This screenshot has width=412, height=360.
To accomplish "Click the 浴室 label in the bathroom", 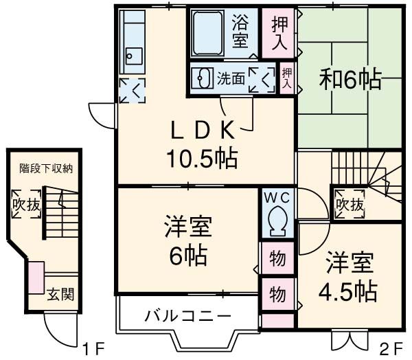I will pos(240,31).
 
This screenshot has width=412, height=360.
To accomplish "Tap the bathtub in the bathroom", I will pos(210,33).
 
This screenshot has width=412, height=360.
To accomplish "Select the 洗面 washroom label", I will pos(230,78).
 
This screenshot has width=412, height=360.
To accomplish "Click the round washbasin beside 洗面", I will pos(202,78).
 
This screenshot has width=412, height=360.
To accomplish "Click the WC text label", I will pos(278,197).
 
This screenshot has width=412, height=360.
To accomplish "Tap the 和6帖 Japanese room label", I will pos(350,80).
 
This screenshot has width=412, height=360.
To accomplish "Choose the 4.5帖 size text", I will pos(347,291).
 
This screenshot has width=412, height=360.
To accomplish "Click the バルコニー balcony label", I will pos(187,317).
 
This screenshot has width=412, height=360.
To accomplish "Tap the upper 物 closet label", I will pos(277,259).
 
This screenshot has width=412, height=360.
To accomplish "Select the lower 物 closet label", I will pos(277,294).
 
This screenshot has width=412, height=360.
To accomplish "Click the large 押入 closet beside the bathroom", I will pos(278,34).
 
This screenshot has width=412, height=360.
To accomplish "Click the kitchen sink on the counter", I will pos(134,56).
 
